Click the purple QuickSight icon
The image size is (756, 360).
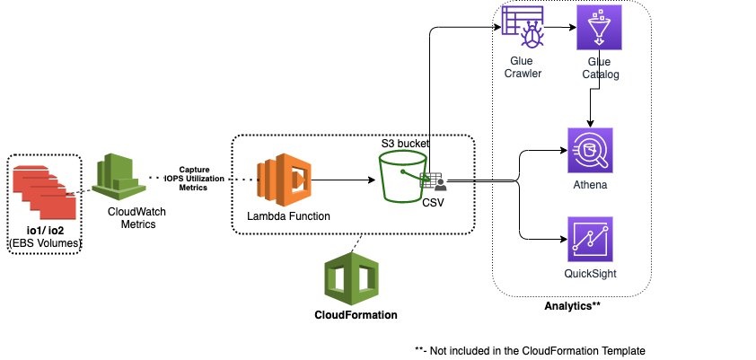coord(590,239)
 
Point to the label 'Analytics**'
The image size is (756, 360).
coord(572,306)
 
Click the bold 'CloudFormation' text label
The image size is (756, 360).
coord(356,315)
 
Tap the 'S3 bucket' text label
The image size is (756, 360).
coord(405,144)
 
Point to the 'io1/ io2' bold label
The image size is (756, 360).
coord(45,230)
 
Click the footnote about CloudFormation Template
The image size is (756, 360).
coord(530,349)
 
